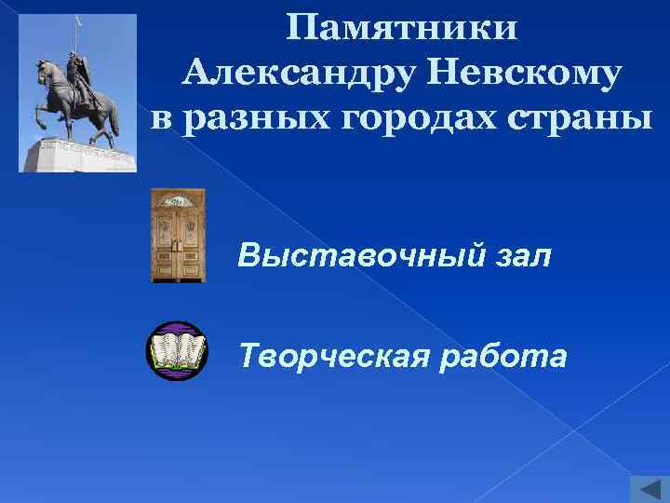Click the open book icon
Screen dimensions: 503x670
[x=177, y=351]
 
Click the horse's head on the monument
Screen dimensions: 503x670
[x=43, y=70]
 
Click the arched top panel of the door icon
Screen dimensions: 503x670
[x=178, y=200]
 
